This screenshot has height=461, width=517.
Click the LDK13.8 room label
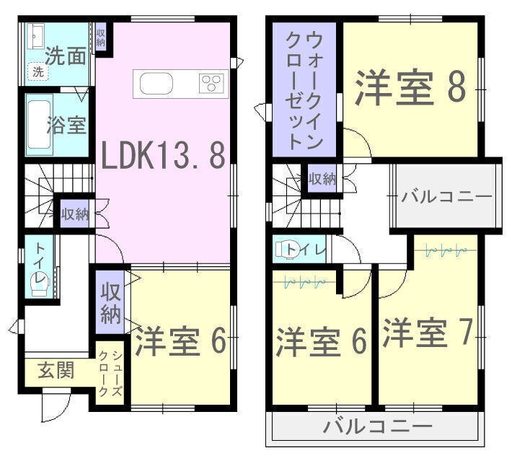click(x=164, y=156)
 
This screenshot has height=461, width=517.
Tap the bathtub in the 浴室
click(x=39, y=125)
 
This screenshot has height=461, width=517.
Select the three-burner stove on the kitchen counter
click(x=211, y=84)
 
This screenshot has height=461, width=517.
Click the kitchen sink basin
click(x=156, y=84)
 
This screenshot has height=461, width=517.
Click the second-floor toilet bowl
click(x=288, y=250)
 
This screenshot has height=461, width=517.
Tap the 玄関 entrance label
click(x=56, y=370)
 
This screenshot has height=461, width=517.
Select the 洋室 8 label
click(x=410, y=87)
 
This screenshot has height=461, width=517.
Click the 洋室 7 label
click(x=428, y=332)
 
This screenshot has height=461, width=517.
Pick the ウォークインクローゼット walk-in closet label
click(x=304, y=90)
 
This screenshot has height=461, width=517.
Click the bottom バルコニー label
click(x=378, y=426)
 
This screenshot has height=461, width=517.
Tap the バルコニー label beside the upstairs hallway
click(x=446, y=197)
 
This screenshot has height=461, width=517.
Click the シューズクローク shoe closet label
click(x=111, y=373)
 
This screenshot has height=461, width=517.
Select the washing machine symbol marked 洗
click(x=38, y=71)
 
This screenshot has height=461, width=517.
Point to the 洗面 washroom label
click(x=66, y=56)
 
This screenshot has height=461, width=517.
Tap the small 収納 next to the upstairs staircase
click(x=322, y=179)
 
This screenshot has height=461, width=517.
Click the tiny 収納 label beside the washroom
click(x=100, y=38)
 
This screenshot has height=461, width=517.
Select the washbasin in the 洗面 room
click(x=35, y=36)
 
